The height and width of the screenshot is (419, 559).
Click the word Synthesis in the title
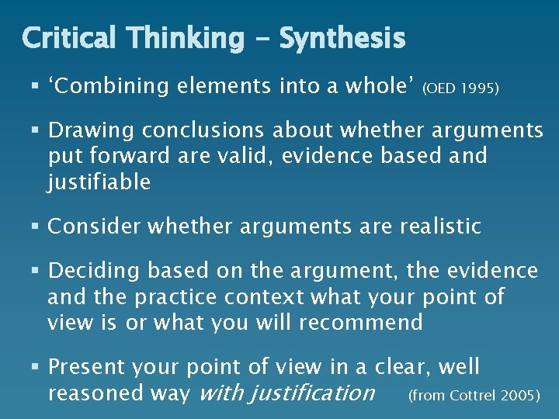(342, 38)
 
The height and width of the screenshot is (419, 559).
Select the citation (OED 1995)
(460, 89)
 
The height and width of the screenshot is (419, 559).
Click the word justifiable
(99, 182)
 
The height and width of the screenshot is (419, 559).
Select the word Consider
(94, 227)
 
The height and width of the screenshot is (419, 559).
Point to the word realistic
(440, 227)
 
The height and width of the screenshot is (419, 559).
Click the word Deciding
(94, 271)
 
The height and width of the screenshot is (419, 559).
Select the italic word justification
(286, 393)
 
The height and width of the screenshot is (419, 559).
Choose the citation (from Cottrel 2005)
(474, 396)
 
